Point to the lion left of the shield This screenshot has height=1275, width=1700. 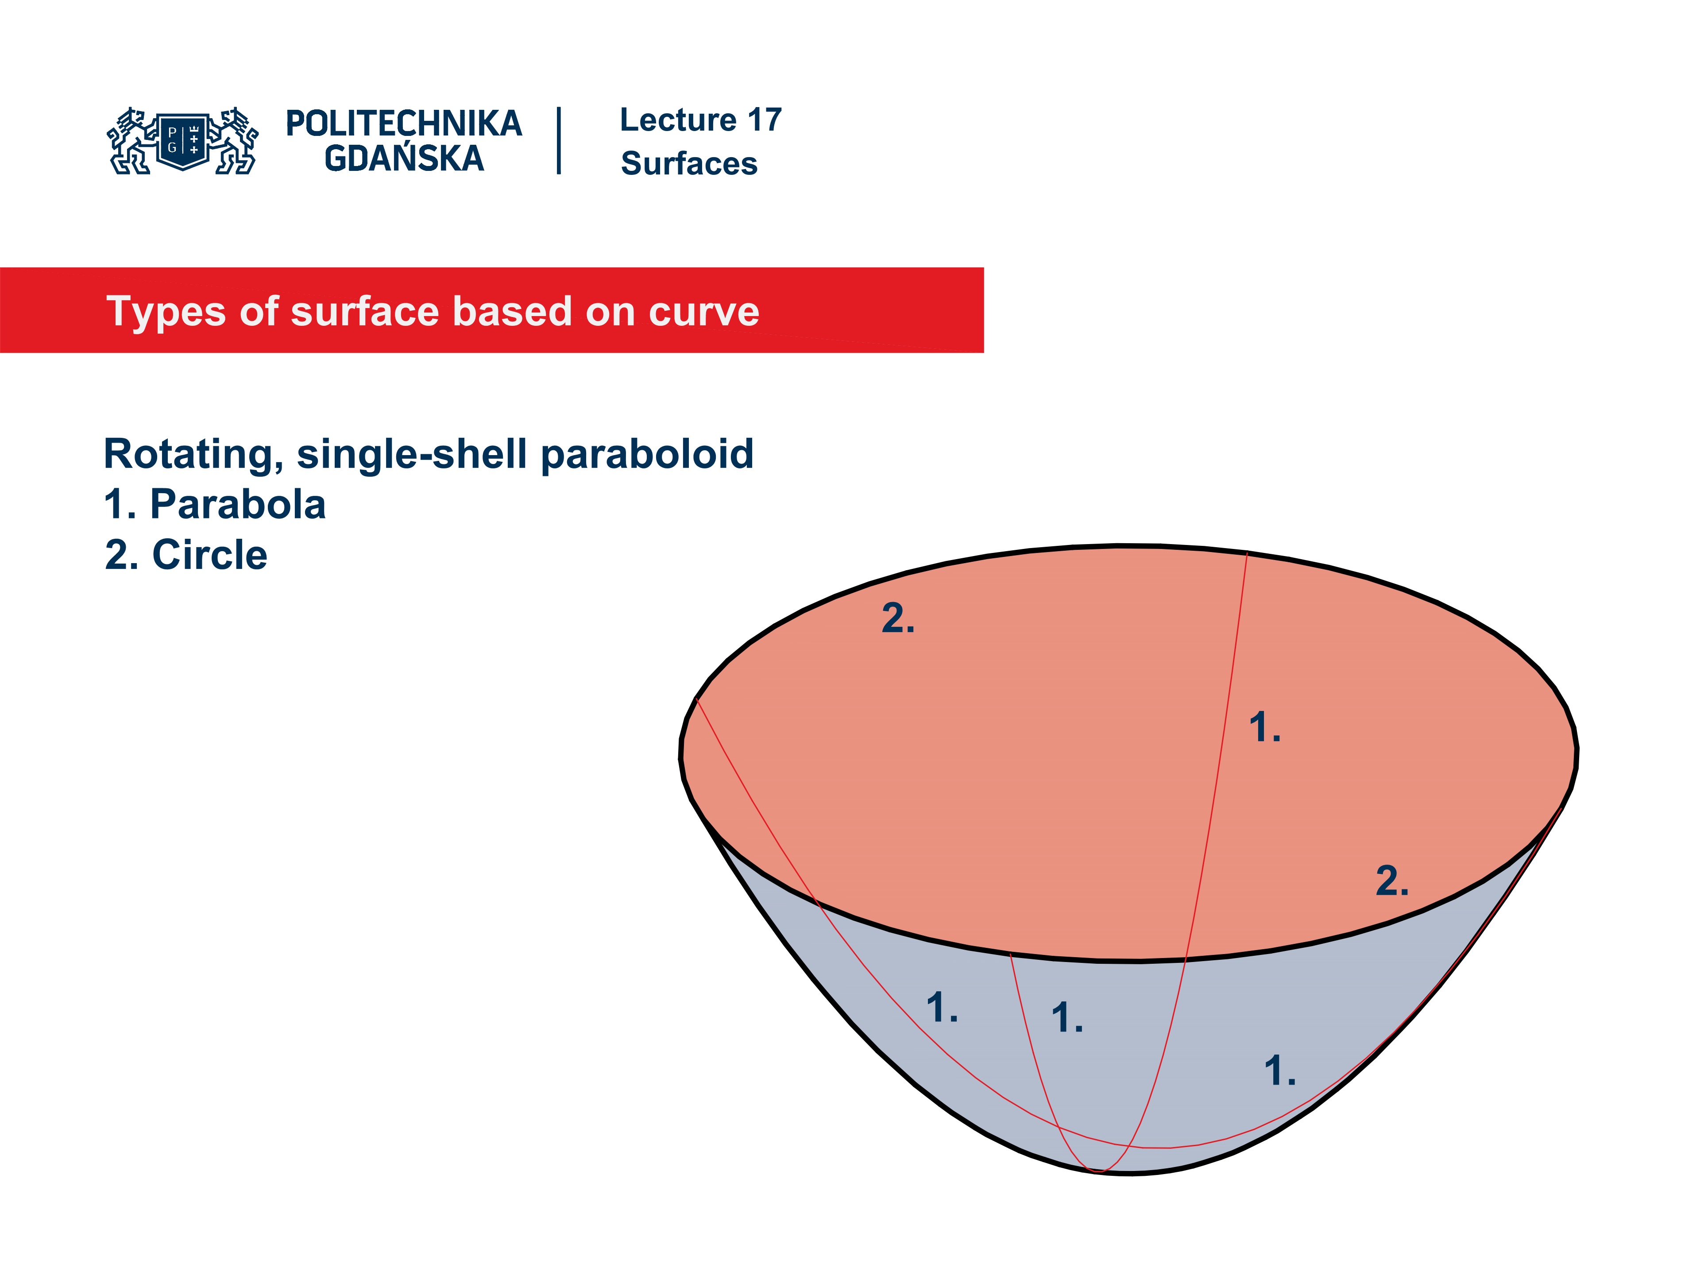pyautogui.click(x=131, y=141)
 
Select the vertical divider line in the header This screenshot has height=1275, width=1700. pyautogui.click(x=559, y=141)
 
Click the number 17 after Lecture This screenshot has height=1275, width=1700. pyautogui.click(x=764, y=120)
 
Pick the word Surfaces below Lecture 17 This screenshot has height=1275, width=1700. pyautogui.click(x=688, y=164)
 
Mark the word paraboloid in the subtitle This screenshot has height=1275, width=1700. pyautogui.click(x=647, y=454)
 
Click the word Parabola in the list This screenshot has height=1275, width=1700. pyautogui.click(x=237, y=505)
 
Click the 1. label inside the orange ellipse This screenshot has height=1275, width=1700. pyautogui.click(x=1264, y=728)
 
